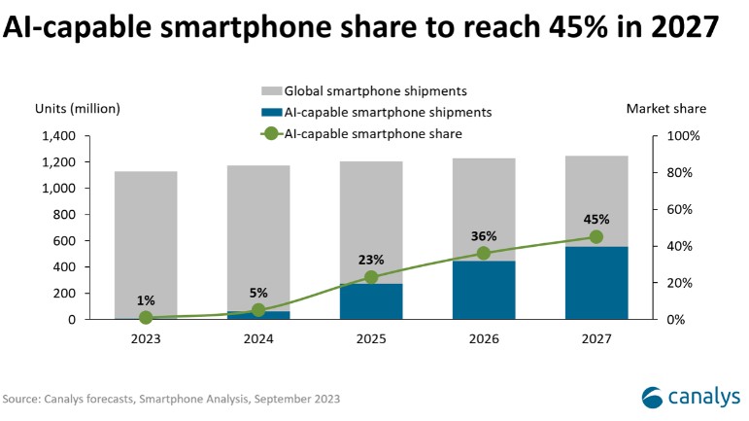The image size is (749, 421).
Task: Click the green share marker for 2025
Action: pos(371,277)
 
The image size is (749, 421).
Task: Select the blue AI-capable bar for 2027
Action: pos(596,283)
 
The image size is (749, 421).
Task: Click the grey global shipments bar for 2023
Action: pos(146,243)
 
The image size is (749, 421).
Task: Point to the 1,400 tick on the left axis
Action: pos(60,136)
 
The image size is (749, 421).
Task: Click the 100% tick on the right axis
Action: pos(683,136)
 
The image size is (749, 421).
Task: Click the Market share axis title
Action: pos(666,108)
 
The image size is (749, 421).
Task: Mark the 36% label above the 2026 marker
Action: pos(484,235)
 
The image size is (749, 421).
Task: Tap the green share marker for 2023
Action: pos(146,317)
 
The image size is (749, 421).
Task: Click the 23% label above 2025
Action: pos(371,260)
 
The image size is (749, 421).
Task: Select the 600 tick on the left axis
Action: pos(69,240)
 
